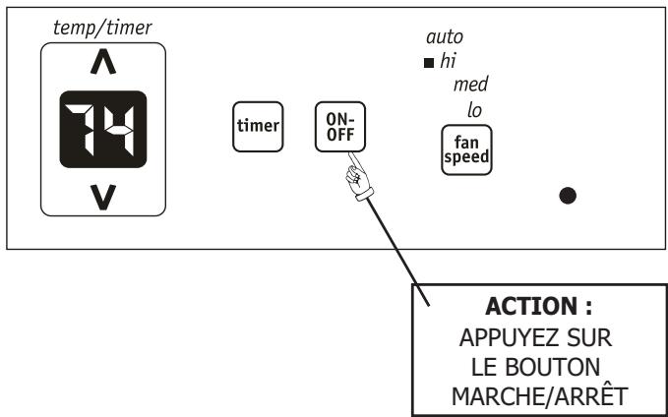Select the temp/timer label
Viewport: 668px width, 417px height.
[x=101, y=27]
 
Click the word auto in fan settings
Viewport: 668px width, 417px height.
[x=444, y=37]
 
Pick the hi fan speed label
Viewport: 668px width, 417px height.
[x=449, y=61]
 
